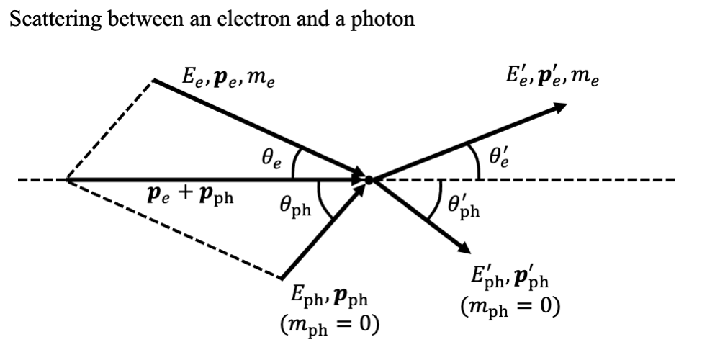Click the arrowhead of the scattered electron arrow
(560, 107)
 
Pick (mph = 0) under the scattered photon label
(510, 307)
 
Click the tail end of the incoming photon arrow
(282, 279)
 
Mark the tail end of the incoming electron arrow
(154, 80)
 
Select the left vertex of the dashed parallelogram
(67, 179)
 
